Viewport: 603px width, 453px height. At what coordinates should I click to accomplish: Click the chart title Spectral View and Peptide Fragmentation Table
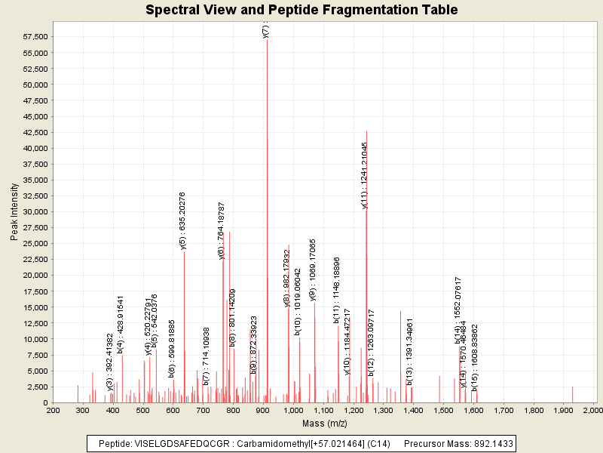click(301, 10)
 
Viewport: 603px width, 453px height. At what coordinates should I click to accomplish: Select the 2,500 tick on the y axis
click(38, 387)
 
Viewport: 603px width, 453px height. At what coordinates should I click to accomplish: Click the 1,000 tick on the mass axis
click(293, 410)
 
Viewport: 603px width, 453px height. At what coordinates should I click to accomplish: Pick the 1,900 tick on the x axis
click(564, 410)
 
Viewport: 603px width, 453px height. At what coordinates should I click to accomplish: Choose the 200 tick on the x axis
click(54, 410)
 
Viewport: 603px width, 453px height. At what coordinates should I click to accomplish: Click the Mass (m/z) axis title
click(323, 424)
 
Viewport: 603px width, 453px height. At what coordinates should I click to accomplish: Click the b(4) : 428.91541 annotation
click(121, 325)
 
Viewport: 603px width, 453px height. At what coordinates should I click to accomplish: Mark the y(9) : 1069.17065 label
click(313, 270)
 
